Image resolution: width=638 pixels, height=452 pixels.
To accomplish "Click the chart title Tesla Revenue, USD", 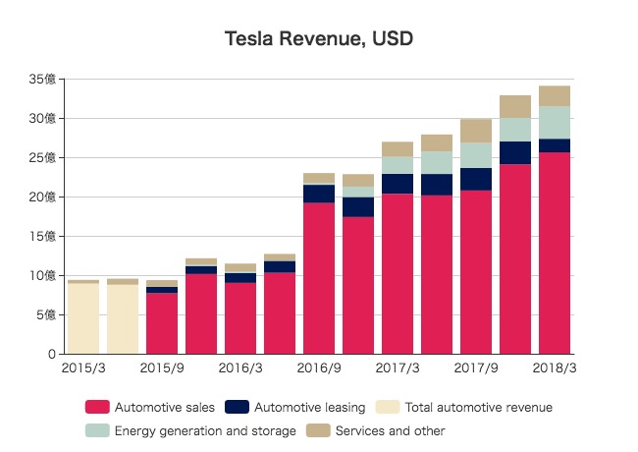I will pos(319,39).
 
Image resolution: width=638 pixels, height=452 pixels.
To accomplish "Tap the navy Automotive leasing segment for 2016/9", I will pos(319,194).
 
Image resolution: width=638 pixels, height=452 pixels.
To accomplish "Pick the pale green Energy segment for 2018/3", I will pos(555,123).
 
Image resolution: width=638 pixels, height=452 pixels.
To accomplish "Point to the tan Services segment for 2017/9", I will pos(476,131).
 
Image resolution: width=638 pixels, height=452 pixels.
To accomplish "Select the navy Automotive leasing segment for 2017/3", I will pos(398,184).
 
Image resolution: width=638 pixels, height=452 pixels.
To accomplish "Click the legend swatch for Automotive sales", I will pos(97,407).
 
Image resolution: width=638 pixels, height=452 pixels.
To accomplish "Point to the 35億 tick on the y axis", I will pos(43,79).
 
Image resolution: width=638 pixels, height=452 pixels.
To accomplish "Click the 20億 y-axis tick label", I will pos(43,197).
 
